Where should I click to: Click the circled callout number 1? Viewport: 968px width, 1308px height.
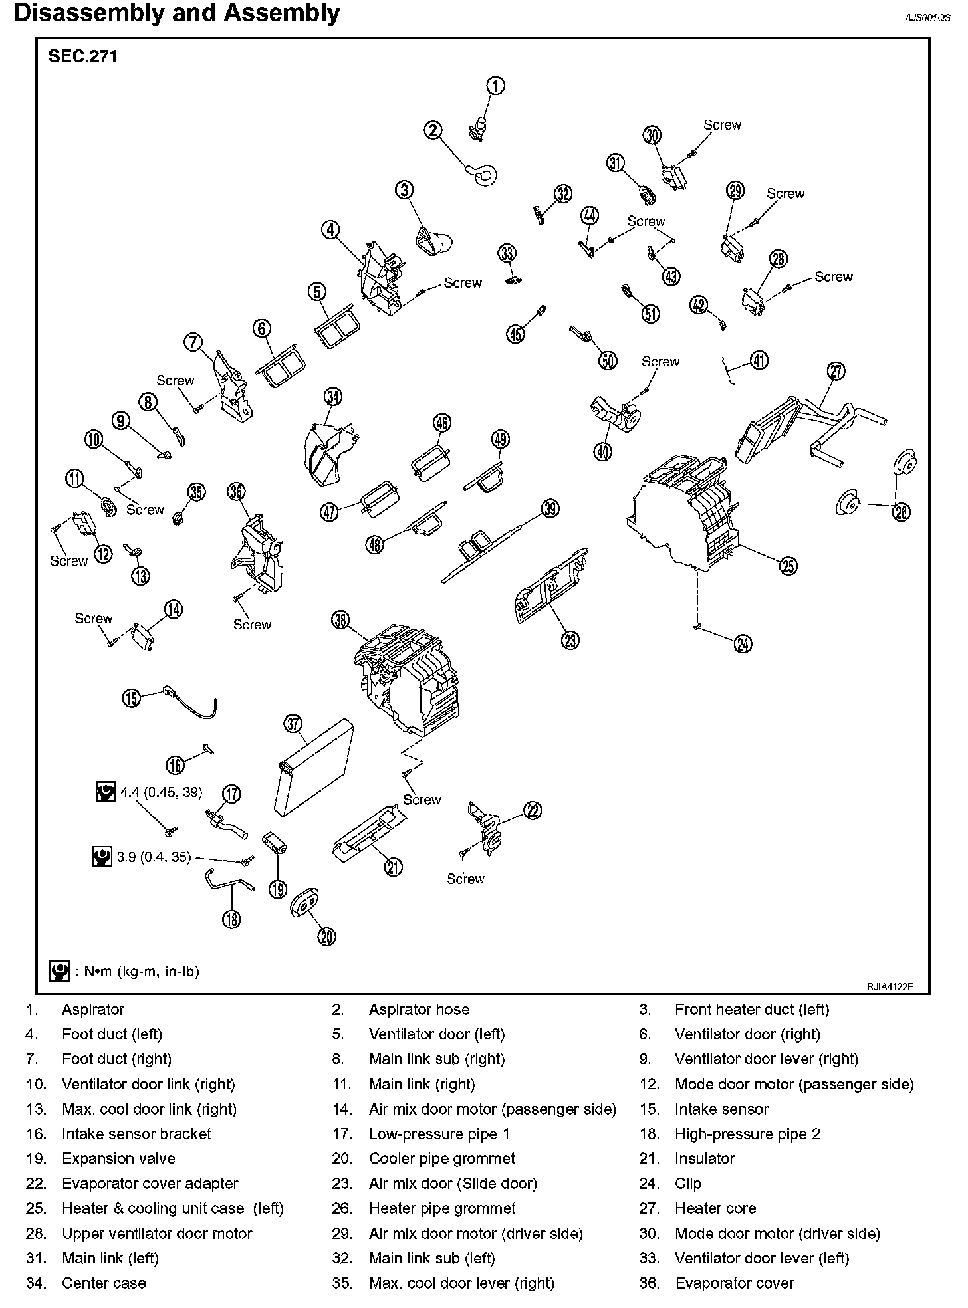pyautogui.click(x=495, y=86)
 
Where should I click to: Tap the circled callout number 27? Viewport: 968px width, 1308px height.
pyautogui.click(x=836, y=372)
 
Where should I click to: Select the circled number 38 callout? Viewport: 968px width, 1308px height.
pyautogui.click(x=340, y=621)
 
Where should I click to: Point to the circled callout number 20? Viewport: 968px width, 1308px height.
pyautogui.click(x=326, y=936)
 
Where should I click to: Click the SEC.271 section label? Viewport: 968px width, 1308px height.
pyautogui.click(x=82, y=56)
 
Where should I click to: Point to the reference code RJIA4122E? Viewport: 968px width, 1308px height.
pyautogui.click(x=890, y=987)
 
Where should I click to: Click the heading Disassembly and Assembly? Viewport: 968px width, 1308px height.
pyautogui.click(x=177, y=13)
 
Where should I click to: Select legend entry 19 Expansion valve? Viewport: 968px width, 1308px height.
pyautogui.click(x=118, y=1158)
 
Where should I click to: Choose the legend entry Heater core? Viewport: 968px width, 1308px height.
pyautogui.click(x=715, y=1208)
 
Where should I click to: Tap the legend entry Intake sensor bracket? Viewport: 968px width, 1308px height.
pyautogui.click(x=136, y=1134)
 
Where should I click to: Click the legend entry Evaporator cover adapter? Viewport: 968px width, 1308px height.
pyautogui.click(x=150, y=1184)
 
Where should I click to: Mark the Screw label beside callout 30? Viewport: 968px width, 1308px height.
pyautogui.click(x=722, y=125)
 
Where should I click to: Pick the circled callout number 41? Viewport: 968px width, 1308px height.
pyautogui.click(x=759, y=360)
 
